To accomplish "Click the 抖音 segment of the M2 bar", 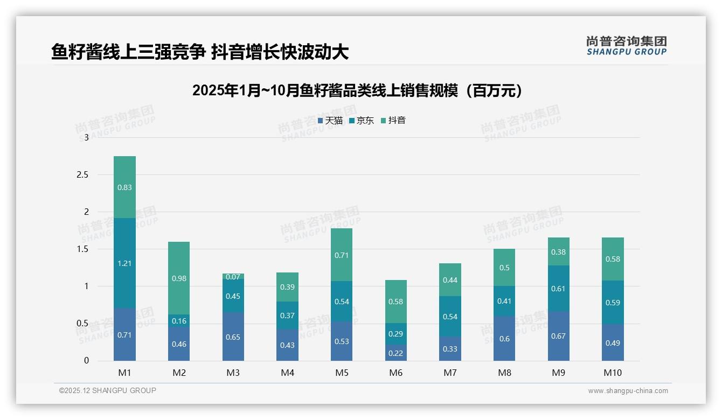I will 179,278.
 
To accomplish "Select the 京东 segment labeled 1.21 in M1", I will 124,263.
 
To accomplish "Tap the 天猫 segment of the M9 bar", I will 558,336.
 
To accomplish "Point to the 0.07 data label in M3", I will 233,277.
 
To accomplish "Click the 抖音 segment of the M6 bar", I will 396,302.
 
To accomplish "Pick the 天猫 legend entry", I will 330,121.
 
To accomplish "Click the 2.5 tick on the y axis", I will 82,175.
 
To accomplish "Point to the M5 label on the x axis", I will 342,373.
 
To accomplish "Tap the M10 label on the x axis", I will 612,373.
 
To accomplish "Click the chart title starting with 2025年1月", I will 357,90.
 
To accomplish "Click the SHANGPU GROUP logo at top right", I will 626,46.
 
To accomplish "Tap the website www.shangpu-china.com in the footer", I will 628,391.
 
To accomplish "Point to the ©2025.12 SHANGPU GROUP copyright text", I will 108,391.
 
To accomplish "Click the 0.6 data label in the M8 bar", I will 504,339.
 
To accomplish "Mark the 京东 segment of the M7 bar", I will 450,317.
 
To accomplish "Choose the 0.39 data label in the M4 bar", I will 287,287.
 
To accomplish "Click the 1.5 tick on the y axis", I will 82,249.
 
